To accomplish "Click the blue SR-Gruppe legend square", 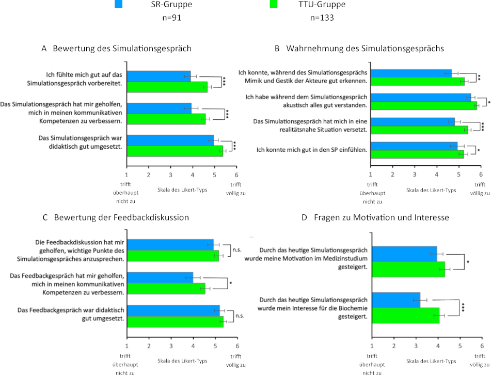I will [x=118, y=5].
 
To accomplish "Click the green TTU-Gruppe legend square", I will [x=274, y=5].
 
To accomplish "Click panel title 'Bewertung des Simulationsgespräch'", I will [x=117, y=48].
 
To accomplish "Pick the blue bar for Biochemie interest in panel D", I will [x=396, y=300].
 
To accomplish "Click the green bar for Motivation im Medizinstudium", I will [x=408, y=270].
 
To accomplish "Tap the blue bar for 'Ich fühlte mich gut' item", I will [x=159, y=76].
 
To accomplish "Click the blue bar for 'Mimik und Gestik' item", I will [x=411, y=73].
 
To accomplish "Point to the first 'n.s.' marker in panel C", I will [x=237, y=249].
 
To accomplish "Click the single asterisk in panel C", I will [x=231, y=283].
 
